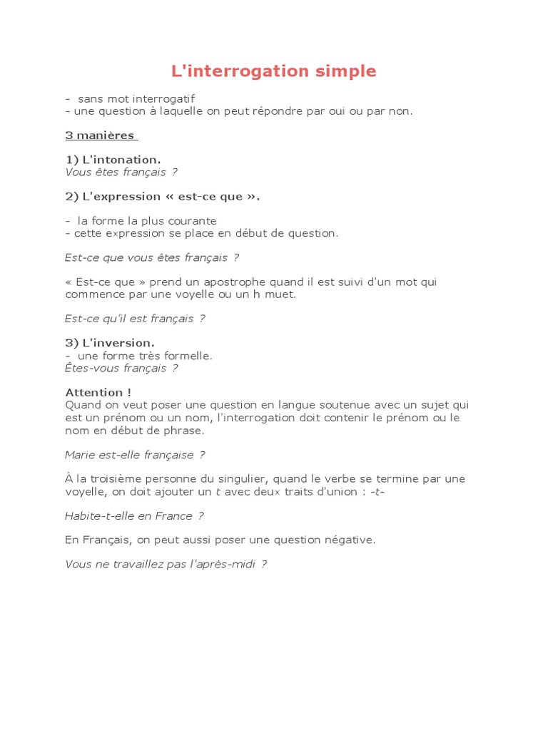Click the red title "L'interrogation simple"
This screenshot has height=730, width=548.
[274, 71]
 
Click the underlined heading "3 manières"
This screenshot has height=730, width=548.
[101, 135]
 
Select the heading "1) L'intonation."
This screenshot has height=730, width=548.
[113, 160]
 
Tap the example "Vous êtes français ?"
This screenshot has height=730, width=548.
[121, 172]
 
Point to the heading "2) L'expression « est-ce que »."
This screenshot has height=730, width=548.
[162, 196]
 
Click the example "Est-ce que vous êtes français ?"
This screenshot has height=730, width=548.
[151, 257]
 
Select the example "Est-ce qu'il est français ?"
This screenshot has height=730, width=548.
[135, 319]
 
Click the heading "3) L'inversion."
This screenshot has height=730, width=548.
[110, 343]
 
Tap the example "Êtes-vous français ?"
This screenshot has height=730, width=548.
[121, 368]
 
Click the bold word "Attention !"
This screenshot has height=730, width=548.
[98, 392]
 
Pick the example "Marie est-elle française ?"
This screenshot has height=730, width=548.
[135, 455]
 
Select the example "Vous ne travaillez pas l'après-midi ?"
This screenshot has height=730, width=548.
[166, 564]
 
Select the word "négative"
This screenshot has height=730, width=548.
[349, 540]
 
